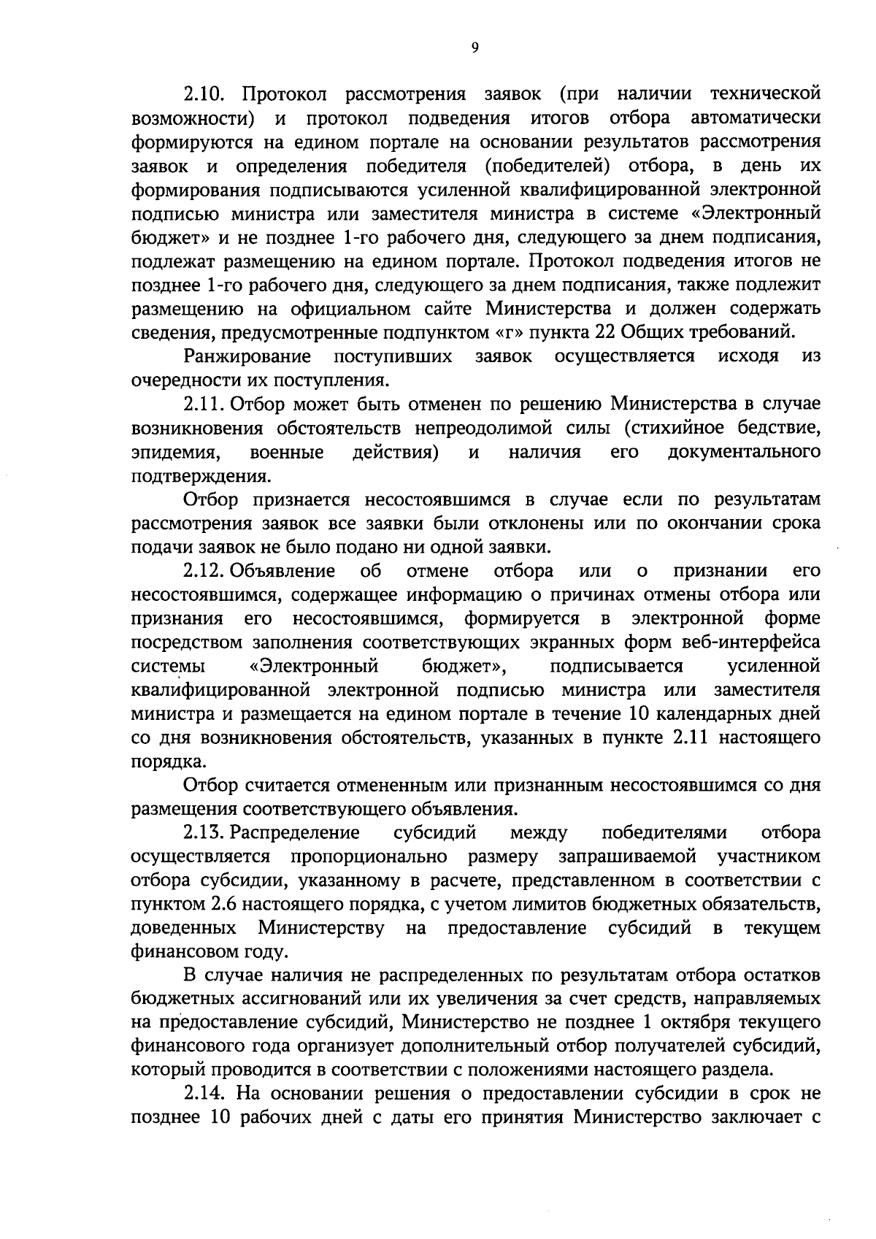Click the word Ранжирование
247,357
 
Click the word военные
286,453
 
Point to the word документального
744,453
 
